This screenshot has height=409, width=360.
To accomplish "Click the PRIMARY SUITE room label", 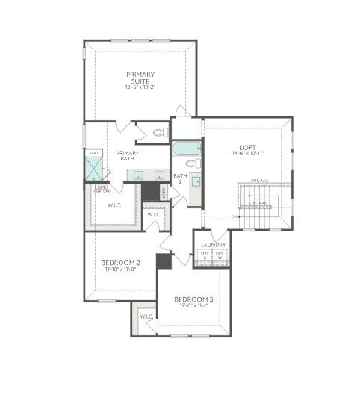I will [x=140, y=78].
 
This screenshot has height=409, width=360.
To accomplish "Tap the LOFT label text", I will [x=247, y=147].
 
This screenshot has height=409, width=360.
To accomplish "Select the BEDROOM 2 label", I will [x=120, y=263].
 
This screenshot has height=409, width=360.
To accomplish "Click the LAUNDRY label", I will [x=212, y=244].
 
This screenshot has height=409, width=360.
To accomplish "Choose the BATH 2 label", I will [x=180, y=180].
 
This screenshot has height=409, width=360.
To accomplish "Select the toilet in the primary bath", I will [x=159, y=133].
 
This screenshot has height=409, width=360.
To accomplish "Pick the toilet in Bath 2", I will [x=193, y=163].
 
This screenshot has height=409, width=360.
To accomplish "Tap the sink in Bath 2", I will [x=195, y=181].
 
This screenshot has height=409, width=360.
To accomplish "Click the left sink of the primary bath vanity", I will [x=137, y=175].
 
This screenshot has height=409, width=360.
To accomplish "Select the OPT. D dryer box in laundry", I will [x=204, y=256].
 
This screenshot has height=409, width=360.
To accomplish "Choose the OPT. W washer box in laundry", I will [x=220, y=256].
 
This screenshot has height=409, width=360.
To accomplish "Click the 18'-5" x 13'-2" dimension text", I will [x=140, y=87].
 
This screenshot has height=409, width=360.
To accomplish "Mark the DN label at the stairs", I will [x=235, y=216].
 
